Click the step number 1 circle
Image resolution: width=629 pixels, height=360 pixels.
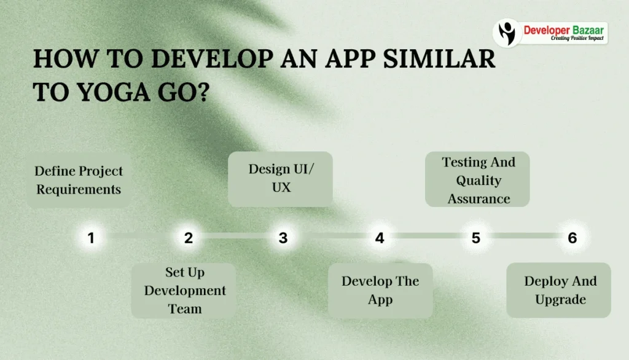click(91, 238)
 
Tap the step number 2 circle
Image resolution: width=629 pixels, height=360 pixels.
click(188, 238)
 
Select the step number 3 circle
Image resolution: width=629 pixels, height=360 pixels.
click(283, 238)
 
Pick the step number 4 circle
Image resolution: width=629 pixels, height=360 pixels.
click(380, 238)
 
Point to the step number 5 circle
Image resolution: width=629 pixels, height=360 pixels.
click(475, 238)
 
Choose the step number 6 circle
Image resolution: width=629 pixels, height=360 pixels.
click(572, 238)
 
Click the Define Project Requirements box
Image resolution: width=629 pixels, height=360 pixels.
click(79, 180)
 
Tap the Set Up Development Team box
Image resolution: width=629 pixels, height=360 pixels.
click(184, 290)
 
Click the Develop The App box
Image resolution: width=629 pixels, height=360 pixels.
click(380, 290)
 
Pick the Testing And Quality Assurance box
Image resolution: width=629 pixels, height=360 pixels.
click(478, 179)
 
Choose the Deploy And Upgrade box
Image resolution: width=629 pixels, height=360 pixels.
click(560, 290)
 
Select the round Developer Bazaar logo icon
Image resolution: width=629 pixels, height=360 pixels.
click(507, 32)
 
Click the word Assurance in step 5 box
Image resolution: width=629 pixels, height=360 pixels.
click(479, 198)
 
